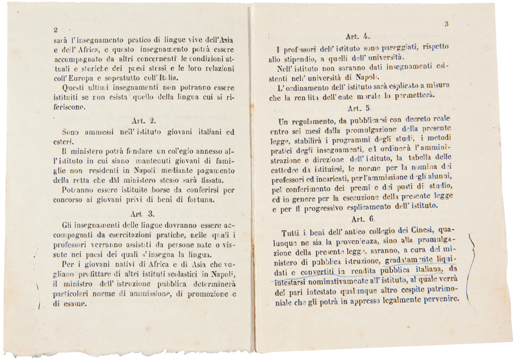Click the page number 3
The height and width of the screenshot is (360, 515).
447,24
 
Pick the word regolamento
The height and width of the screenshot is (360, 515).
310,123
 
